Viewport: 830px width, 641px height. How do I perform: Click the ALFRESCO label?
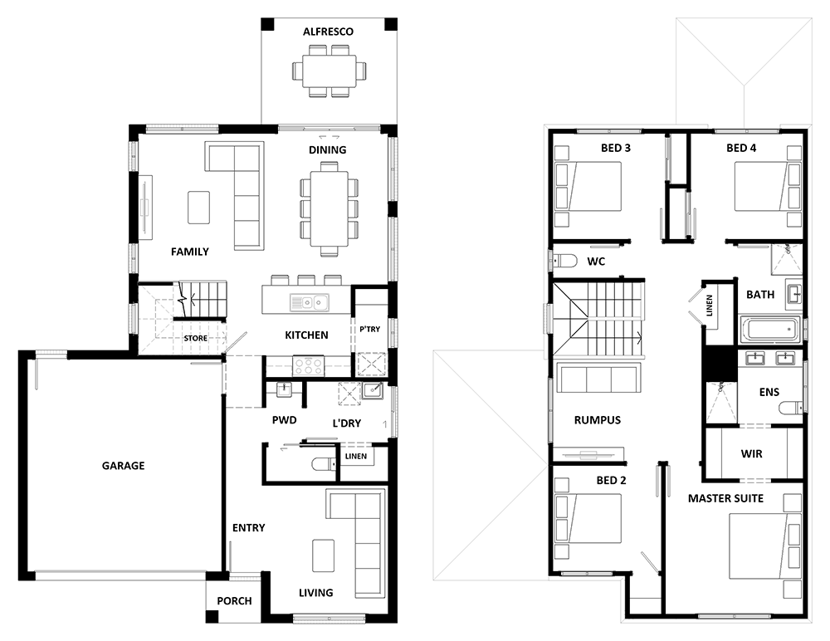pyautogui.click(x=328, y=32)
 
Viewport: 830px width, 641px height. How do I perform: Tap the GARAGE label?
pyautogui.click(x=124, y=466)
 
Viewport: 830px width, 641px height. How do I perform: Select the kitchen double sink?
pyautogui.click(x=310, y=302)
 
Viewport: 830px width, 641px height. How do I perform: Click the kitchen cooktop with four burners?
pyautogui.click(x=309, y=366)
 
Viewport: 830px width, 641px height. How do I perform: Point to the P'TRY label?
pyautogui.click(x=370, y=329)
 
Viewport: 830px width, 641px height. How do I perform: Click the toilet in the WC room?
pyautogui.click(x=564, y=261)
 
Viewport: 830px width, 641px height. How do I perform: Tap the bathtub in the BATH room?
pyautogui.click(x=770, y=330)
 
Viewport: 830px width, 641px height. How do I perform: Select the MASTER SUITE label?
pyautogui.click(x=725, y=498)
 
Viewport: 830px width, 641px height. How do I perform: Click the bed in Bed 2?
pyautogui.click(x=588, y=519)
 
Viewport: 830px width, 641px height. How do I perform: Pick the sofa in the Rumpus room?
pyautogui.click(x=598, y=378)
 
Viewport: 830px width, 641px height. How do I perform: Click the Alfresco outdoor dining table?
pyautogui.click(x=330, y=71)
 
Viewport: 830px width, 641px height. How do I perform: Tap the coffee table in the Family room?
pyautogui.click(x=198, y=208)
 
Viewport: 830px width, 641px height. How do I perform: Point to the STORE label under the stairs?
pyautogui.click(x=196, y=338)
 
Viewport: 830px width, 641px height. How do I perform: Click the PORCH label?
pyautogui.click(x=235, y=601)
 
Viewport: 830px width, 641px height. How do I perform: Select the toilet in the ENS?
pyautogui.click(x=791, y=408)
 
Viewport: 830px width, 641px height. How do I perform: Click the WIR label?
pyautogui.click(x=752, y=454)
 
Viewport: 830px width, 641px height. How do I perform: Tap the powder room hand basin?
pyautogui.click(x=284, y=389)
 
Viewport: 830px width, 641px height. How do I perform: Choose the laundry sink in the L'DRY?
pyautogui.click(x=373, y=391)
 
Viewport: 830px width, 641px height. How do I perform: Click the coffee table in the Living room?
pyautogui.click(x=323, y=555)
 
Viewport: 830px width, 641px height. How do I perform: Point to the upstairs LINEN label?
pyautogui.click(x=710, y=306)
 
